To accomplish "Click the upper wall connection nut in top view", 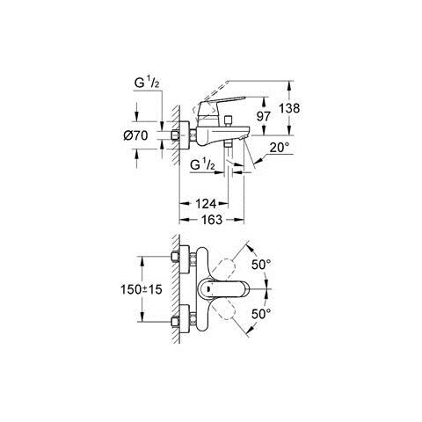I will click(x=187, y=259).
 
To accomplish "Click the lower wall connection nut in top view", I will click(x=187, y=317).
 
